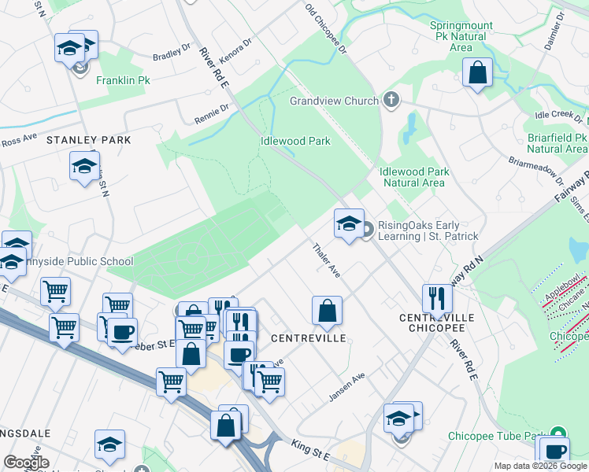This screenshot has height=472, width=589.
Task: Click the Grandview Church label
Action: [334, 101]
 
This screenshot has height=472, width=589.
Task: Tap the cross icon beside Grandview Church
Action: [391, 100]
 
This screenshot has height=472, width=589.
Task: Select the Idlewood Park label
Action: [295, 142]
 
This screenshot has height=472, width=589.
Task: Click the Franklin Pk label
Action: [123, 80]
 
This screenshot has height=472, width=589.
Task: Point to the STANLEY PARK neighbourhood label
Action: [88, 139]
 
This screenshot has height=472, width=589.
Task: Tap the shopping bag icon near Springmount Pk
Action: [477, 73]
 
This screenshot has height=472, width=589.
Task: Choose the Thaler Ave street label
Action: [326, 260]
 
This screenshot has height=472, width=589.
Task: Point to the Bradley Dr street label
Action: [172, 53]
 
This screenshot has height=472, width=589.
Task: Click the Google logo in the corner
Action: [26, 463]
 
